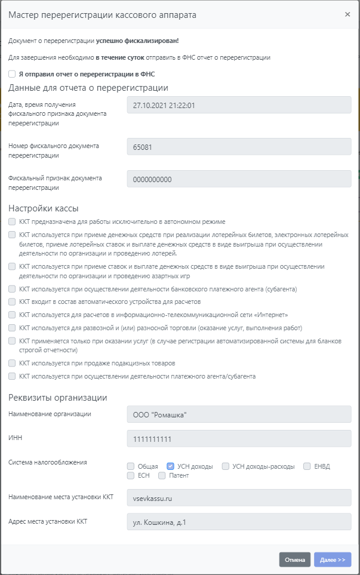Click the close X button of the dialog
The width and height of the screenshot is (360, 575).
(347, 14)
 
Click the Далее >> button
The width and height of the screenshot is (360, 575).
(333, 559)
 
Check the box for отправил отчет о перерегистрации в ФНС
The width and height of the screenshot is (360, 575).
(12, 75)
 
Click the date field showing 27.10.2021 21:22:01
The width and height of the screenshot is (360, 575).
(239, 105)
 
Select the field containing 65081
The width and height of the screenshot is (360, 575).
(239, 146)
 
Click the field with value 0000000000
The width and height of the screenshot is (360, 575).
(239, 179)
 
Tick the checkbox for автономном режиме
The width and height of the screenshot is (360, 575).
(12, 222)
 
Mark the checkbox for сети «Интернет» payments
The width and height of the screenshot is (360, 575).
(12, 315)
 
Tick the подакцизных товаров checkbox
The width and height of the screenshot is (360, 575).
(12, 363)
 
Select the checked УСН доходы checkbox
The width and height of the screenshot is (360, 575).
(170, 466)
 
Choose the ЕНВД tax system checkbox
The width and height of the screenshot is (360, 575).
(307, 466)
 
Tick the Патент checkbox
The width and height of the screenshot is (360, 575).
(162, 476)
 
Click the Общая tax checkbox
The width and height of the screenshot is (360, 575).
(131, 466)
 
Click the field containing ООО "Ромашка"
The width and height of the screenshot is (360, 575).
(239, 414)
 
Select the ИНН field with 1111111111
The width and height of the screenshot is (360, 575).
(239, 439)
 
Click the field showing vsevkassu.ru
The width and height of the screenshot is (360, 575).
(239, 497)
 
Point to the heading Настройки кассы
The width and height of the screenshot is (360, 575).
(44, 208)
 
